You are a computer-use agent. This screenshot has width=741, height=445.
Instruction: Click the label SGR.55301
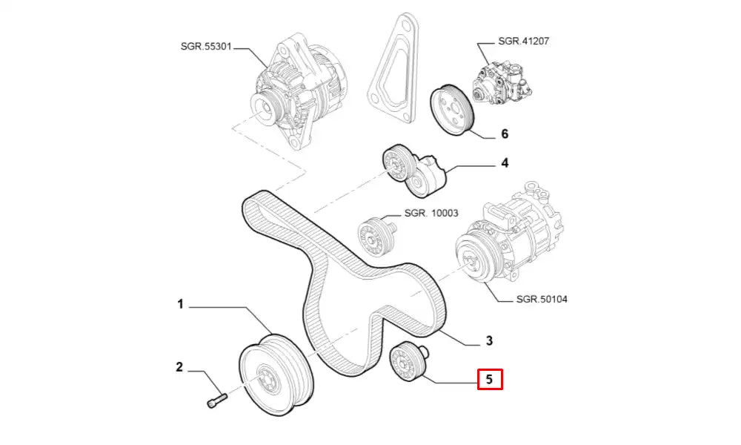(x=206, y=46)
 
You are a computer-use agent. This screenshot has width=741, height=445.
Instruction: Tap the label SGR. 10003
(x=431, y=214)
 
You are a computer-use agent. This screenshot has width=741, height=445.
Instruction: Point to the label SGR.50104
(x=542, y=300)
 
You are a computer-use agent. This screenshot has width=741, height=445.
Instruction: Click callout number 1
(x=179, y=303)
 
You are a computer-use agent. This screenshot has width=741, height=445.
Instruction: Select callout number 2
(x=179, y=366)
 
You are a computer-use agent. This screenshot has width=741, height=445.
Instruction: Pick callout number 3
(x=489, y=341)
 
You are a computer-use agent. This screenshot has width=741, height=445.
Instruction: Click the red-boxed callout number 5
(x=490, y=380)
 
